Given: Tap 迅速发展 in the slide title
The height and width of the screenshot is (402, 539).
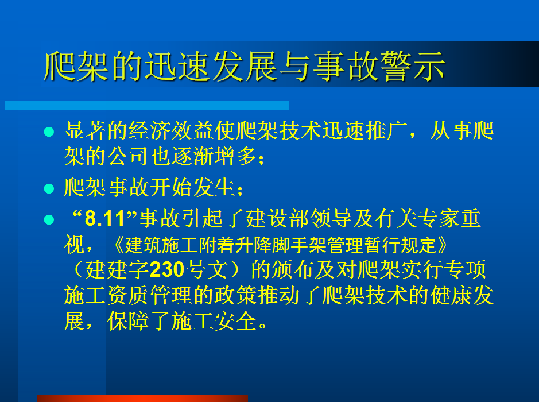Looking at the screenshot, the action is click(210, 66).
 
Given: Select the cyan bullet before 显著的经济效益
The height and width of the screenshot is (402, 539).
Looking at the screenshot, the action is click(49, 132).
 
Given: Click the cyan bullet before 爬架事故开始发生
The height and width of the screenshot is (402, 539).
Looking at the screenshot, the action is click(49, 188).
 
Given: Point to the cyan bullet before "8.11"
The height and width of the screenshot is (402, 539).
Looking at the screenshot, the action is click(49, 219).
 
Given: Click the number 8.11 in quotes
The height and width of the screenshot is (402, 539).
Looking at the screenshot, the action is click(104, 219).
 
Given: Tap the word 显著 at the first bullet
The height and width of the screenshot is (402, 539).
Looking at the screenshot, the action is click(86, 131).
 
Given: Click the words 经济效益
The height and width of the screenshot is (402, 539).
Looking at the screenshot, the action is click(171, 131).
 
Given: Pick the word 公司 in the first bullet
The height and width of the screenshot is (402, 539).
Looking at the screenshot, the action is click(128, 156).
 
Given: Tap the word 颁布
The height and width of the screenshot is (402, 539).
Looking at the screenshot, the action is click(293, 269).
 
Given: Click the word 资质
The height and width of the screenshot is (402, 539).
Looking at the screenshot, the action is click(128, 296).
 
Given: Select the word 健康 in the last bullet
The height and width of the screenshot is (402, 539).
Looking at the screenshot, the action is click(451, 296).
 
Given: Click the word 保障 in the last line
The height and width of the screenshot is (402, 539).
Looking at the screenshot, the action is click(128, 322).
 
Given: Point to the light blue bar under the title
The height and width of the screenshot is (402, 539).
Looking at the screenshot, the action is click(147, 106).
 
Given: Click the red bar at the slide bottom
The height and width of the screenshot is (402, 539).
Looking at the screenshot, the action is click(142, 399).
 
